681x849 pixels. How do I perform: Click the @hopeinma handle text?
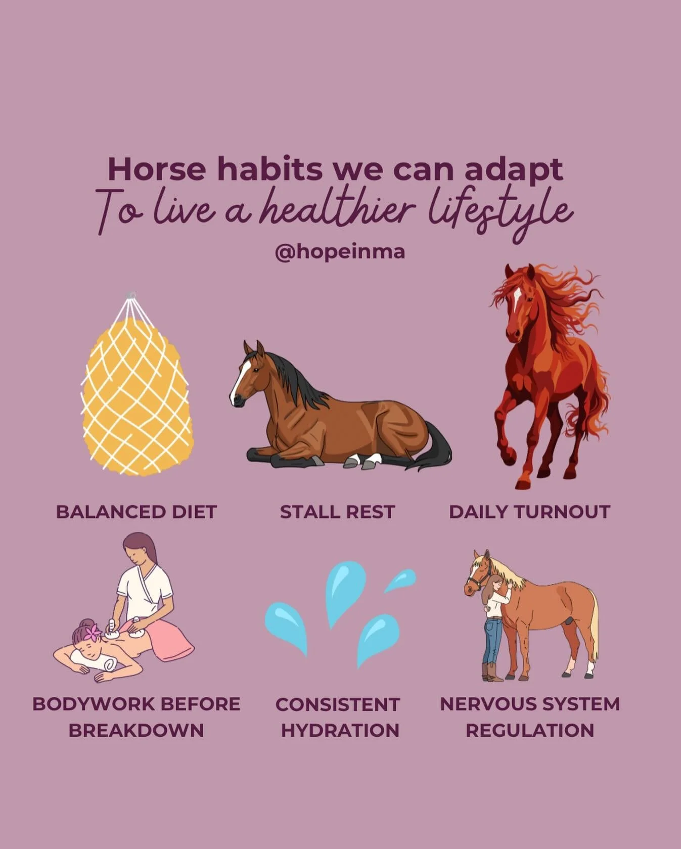pyautogui.click(x=340, y=251)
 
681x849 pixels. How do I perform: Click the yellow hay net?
pyautogui.click(x=137, y=394)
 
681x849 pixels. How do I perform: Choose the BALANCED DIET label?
pyautogui.click(x=137, y=512)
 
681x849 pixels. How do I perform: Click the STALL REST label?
pyautogui.click(x=337, y=512)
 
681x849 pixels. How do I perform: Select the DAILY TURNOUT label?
pyautogui.click(x=529, y=512)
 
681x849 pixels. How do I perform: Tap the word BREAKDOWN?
pyautogui.click(x=136, y=730)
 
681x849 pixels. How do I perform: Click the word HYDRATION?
pyautogui.click(x=340, y=730)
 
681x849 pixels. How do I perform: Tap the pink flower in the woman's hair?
pyautogui.click(x=93, y=633)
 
